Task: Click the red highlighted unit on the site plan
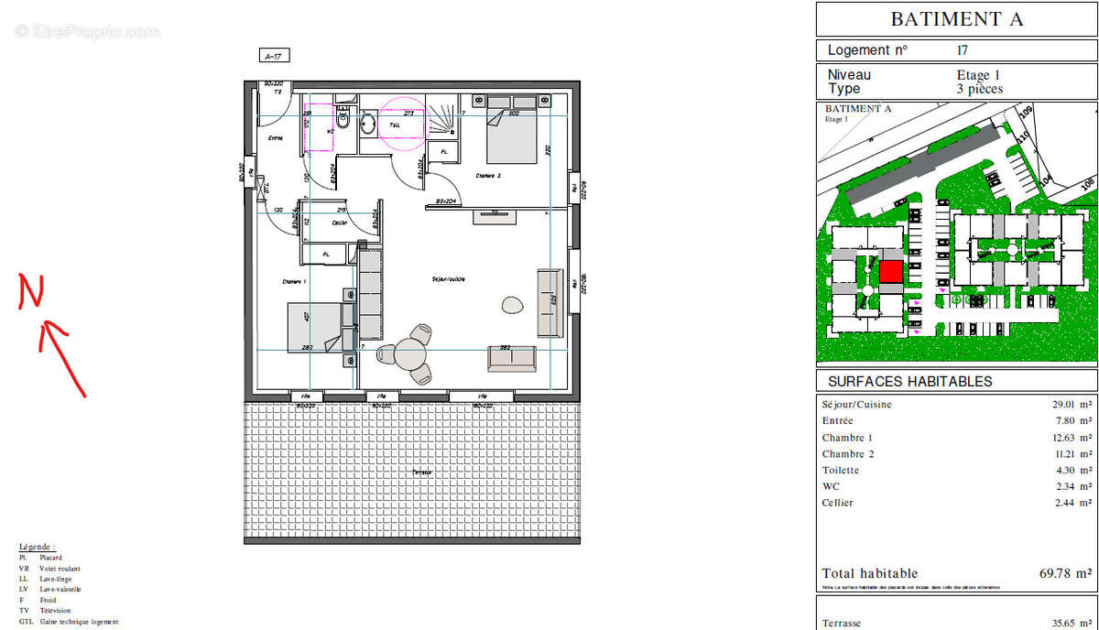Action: (890, 272)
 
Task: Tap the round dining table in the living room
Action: (412, 353)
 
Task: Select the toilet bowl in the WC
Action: (343, 120)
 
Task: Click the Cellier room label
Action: (339, 223)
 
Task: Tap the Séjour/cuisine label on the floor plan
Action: (450, 278)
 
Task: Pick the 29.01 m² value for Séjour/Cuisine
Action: (1069, 405)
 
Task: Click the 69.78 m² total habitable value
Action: (1064, 573)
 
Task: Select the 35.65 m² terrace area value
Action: (1068, 623)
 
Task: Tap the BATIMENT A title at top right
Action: (956, 19)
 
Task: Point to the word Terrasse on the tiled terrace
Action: (421, 472)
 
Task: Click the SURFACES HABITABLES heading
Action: (909, 381)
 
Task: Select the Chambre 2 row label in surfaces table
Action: (848, 454)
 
